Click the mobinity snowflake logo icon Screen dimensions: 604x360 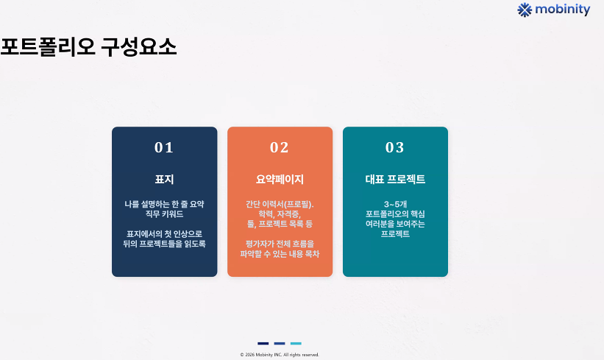click(525, 10)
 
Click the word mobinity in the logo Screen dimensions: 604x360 click(562, 10)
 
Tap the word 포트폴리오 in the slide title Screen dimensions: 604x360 click(48, 47)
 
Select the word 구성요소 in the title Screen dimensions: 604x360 click(138, 47)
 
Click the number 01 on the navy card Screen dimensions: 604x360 click(164, 147)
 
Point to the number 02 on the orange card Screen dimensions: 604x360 click(280, 147)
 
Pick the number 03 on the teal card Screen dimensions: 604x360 click(395, 147)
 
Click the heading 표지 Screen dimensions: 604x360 click(165, 179)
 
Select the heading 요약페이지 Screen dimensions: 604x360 click(280, 179)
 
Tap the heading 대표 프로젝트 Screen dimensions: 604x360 click(395, 179)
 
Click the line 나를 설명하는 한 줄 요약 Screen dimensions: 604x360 click(165, 204)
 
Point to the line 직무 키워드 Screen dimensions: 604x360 click(165, 214)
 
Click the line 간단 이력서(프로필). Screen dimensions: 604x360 click(280, 204)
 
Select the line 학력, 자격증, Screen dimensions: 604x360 click(280, 214)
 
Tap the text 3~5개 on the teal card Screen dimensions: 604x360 click(395, 204)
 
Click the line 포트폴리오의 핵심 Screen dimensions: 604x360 click(395, 214)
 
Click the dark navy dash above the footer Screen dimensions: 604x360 click(263, 343)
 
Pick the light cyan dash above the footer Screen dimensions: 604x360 click(296, 343)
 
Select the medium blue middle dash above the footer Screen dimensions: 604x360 click(280, 343)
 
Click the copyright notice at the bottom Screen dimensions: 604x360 click(280, 355)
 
